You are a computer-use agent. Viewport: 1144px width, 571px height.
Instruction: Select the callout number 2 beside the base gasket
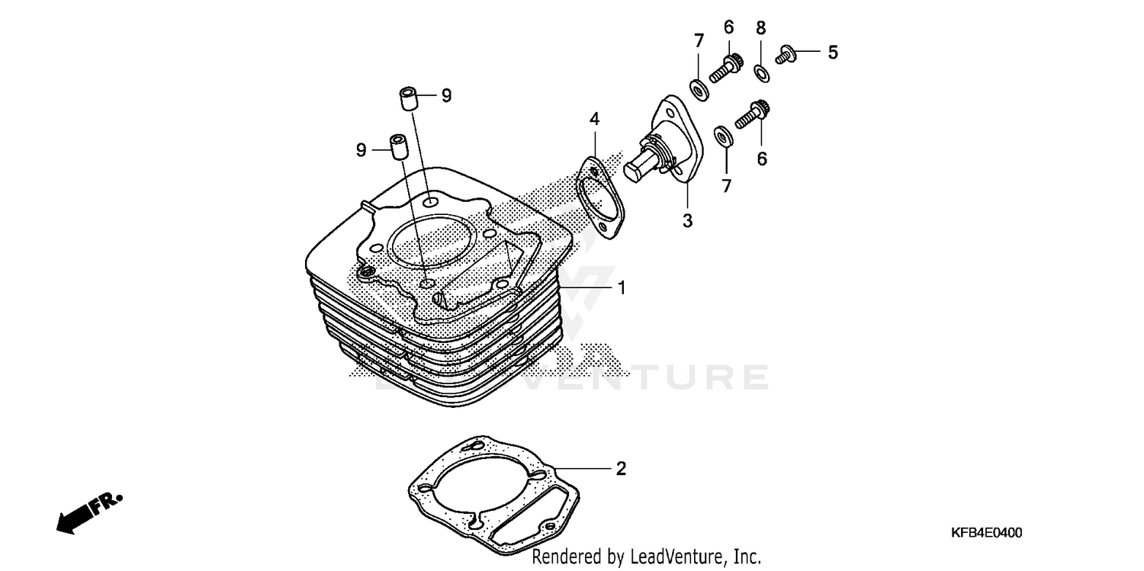621,468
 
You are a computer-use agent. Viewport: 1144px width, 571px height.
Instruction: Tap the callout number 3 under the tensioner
687,220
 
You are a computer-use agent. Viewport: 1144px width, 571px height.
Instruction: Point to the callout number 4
594,118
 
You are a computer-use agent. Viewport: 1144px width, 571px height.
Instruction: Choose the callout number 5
832,52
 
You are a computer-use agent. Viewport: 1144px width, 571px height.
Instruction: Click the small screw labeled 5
785,54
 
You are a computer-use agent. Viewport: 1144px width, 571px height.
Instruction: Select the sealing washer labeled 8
761,73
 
